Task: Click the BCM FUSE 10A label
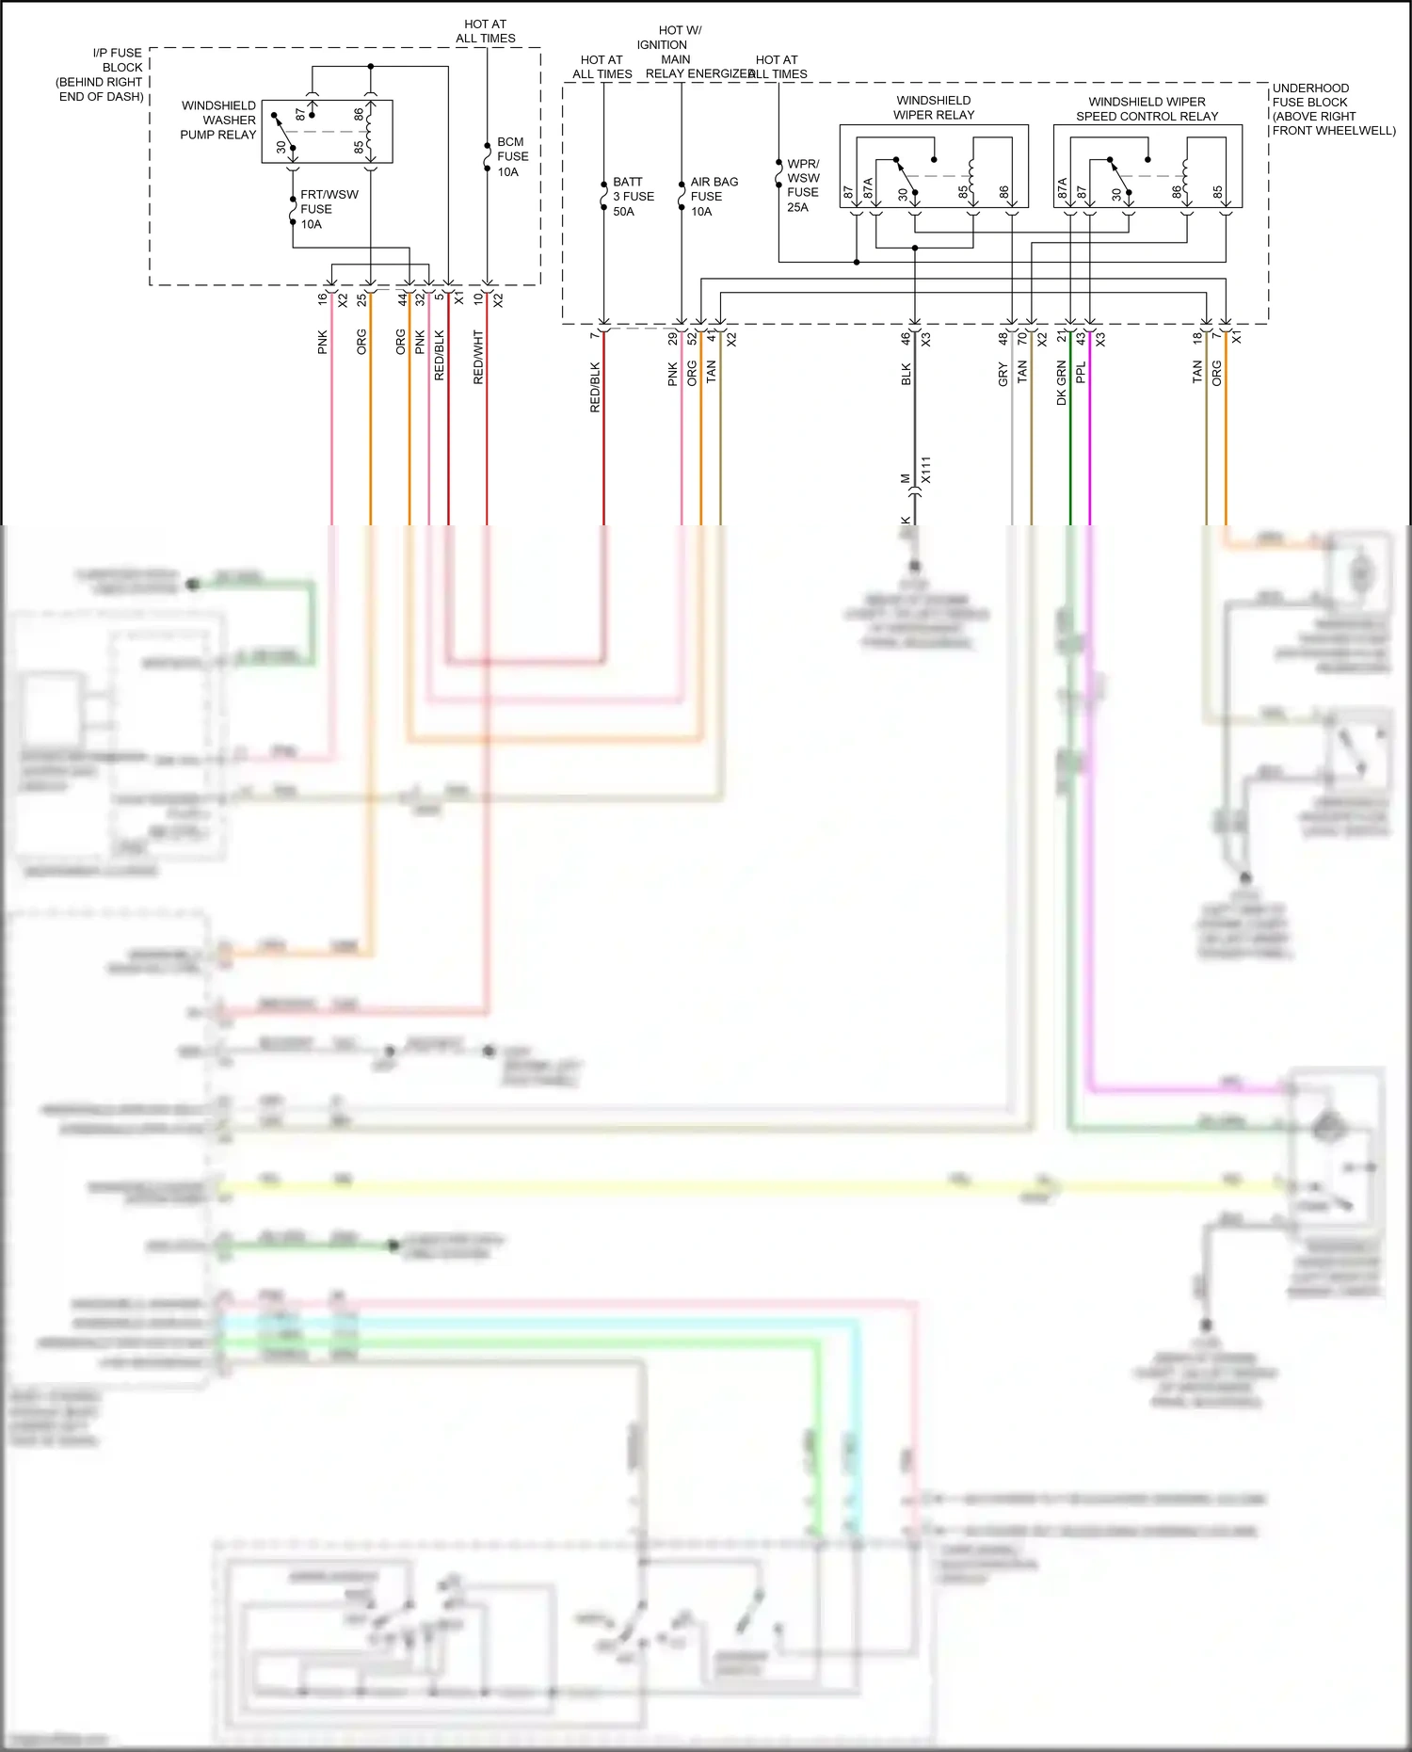512,157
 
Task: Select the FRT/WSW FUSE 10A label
328,209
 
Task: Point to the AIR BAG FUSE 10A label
713,196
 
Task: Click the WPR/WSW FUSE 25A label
803,185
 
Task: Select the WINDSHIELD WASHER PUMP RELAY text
218,120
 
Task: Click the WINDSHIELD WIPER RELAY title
934,107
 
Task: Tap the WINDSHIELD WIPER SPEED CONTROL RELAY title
1147,108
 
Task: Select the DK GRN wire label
1061,382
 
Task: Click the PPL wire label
1081,372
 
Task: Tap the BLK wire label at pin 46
906,374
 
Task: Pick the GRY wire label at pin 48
1003,375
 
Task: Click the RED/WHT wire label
478,357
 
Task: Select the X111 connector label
925,470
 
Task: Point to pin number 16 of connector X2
322,298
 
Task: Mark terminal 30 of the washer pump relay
281,147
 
